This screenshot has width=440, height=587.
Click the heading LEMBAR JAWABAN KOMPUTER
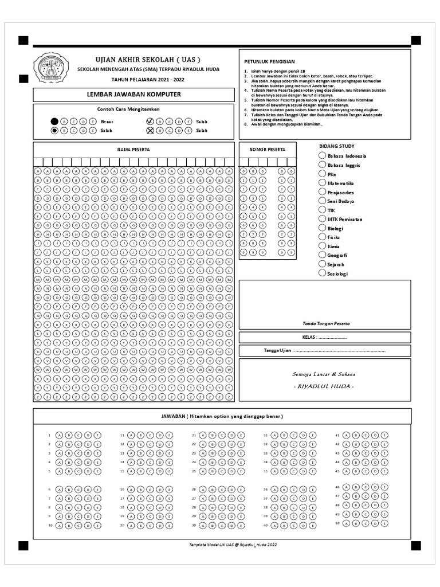133,95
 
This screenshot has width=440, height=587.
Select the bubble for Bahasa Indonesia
322,155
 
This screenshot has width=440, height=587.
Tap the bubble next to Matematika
322,182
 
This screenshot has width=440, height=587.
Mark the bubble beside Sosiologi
322,273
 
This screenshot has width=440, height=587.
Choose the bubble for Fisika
322,237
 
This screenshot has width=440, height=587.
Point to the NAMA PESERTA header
133,149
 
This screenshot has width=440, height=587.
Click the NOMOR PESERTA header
268,149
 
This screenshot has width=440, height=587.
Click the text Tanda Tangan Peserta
326,323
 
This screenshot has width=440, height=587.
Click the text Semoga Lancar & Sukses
324,374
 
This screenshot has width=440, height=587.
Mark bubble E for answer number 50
384,523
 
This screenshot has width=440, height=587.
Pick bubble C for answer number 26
222,489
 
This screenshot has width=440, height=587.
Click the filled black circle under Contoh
54,122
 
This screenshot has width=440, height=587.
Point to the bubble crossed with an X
150,131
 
